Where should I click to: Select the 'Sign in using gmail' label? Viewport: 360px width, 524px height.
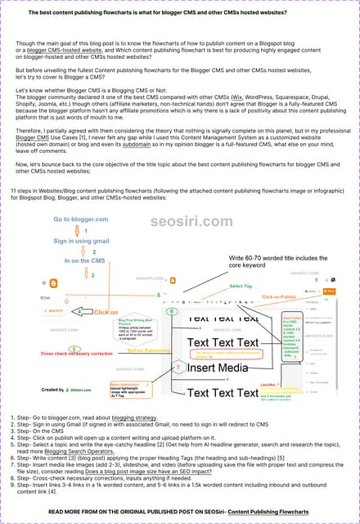(x=82, y=241)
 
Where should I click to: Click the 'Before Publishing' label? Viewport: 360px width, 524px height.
(x=148, y=350)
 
